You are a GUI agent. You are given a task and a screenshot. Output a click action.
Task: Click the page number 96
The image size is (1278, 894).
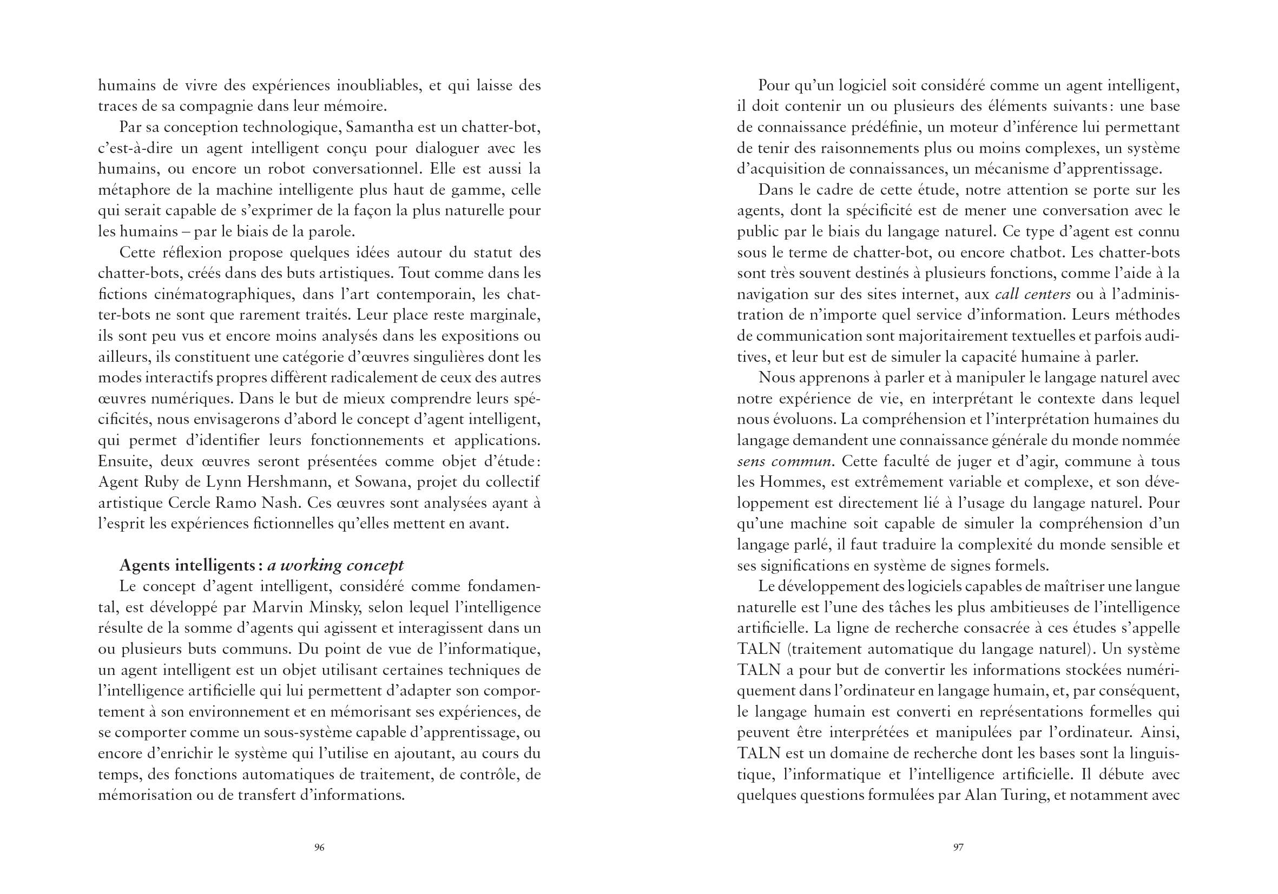pos(319,847)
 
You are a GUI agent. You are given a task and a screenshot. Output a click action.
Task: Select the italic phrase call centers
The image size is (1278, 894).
pos(1032,294)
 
